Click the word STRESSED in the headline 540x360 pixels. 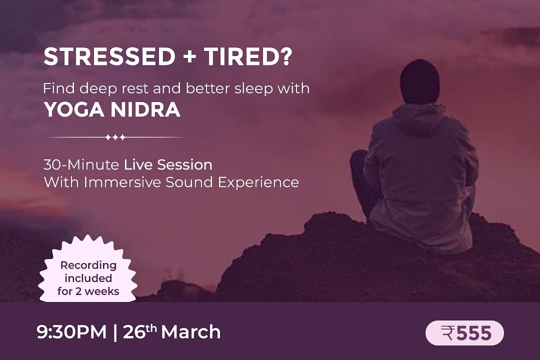[109, 57]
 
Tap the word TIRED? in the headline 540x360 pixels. [248, 57]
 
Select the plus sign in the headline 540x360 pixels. [190, 57]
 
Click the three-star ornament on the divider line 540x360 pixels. [115, 137]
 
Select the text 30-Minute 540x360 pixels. [81, 164]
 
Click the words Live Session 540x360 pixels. [168, 164]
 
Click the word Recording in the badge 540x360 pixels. [88, 265]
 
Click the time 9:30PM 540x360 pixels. [71, 332]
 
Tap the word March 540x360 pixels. [191, 332]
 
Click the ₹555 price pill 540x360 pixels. [464, 333]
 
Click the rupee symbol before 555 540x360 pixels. [447, 333]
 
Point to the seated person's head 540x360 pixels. [419, 81]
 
